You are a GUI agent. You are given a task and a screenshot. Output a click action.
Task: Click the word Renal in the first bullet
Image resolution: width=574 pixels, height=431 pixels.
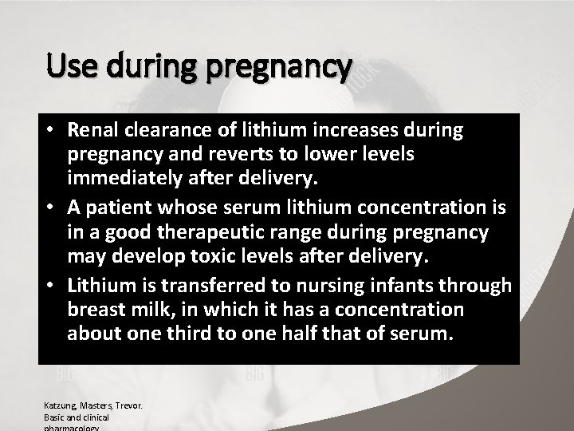(x=93, y=129)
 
